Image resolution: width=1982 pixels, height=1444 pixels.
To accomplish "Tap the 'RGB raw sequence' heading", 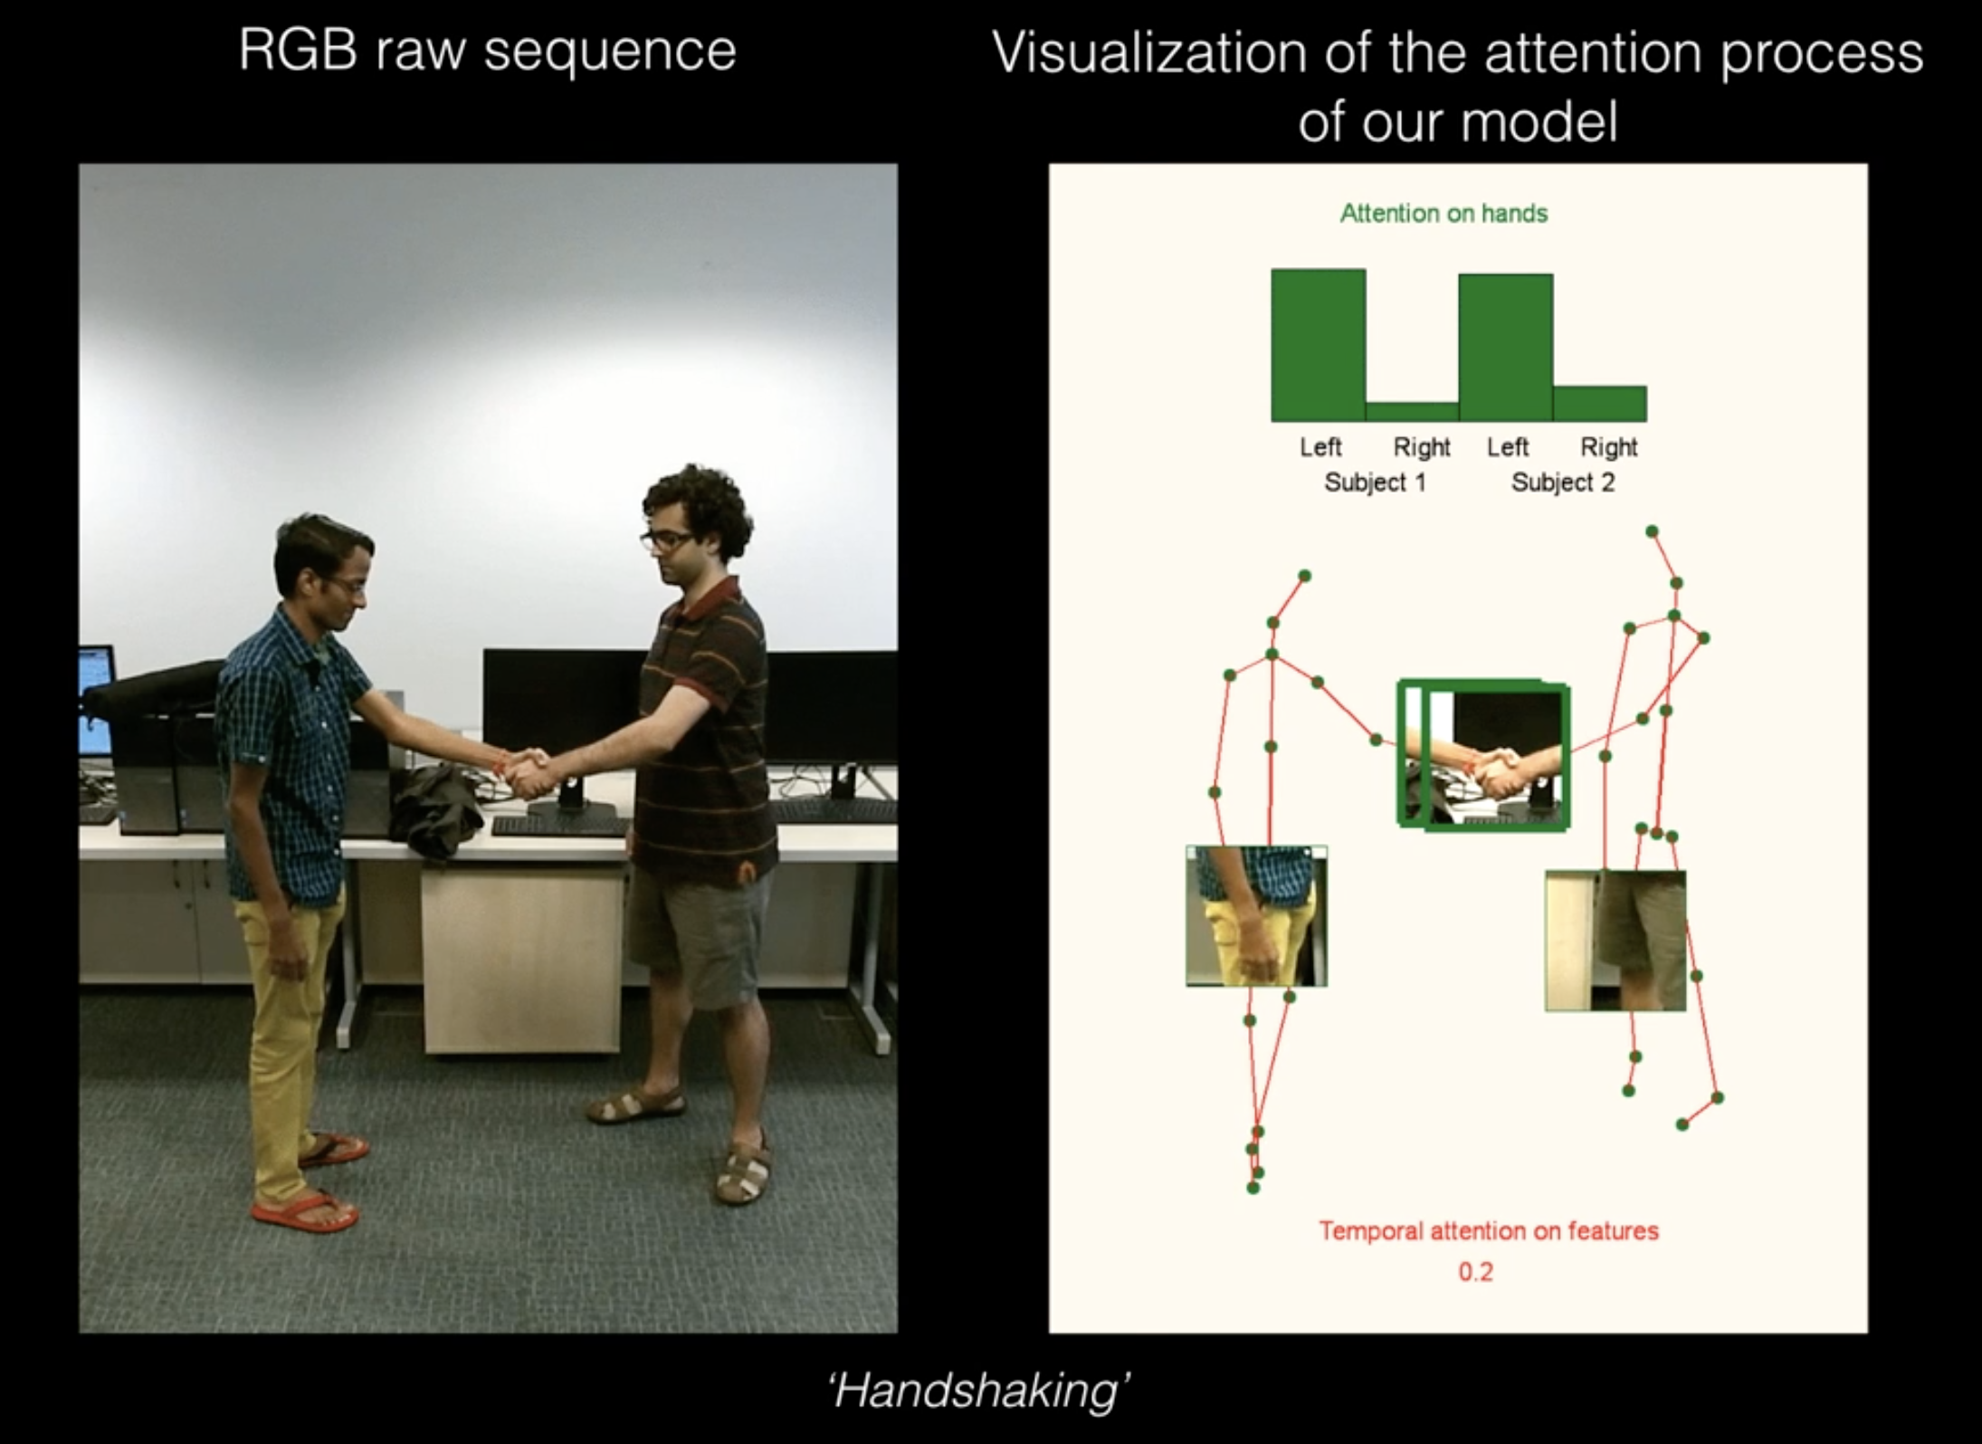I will click(x=487, y=52).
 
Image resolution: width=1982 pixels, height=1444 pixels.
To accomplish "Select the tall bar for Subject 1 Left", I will click(x=1318, y=344).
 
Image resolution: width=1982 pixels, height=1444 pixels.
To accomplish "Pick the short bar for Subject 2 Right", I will click(x=1600, y=404).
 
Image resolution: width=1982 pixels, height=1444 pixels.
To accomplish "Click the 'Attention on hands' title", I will click(x=1444, y=214).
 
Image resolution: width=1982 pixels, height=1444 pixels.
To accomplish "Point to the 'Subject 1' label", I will click(x=1375, y=483).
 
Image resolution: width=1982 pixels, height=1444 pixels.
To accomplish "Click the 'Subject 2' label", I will click(x=1562, y=483).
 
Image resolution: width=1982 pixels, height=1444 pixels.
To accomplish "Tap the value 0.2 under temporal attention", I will click(x=1475, y=1272).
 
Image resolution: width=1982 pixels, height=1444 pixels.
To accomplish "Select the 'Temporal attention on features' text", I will click(x=1488, y=1231).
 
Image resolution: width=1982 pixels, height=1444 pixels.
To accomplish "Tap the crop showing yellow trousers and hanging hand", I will click(x=1256, y=916).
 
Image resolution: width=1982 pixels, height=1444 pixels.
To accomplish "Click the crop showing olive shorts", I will click(x=1615, y=940).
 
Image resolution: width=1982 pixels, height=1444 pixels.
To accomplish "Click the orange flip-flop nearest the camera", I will click(x=304, y=1211).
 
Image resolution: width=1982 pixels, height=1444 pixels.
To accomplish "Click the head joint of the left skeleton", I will click(x=1304, y=576).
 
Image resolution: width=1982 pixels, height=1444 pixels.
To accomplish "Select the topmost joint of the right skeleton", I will click(x=1652, y=531).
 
